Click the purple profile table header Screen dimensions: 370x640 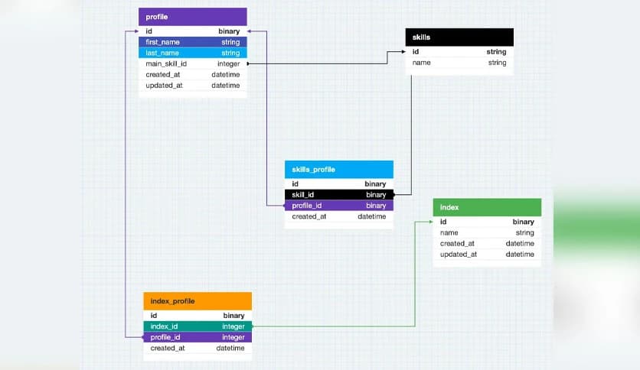[x=192, y=16]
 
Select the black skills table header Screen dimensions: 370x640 [x=459, y=37]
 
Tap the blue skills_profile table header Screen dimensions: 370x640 [x=338, y=169]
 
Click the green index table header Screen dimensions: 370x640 [x=487, y=207]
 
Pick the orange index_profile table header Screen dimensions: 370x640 [x=197, y=301]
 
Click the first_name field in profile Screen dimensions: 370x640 [x=192, y=42]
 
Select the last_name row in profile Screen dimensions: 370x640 [x=192, y=53]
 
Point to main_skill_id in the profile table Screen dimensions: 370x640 [x=192, y=63]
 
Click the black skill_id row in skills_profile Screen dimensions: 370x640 [x=338, y=195]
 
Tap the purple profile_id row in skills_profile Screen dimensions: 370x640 [x=338, y=206]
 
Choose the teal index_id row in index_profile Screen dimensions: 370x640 [x=197, y=326]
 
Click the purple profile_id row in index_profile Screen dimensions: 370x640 [x=197, y=337]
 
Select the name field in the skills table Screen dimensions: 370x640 [x=459, y=63]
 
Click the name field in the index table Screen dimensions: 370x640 [x=487, y=232]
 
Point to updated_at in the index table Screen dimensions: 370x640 [x=487, y=254]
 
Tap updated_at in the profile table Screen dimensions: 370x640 [x=192, y=85]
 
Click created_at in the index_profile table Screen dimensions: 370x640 [x=197, y=348]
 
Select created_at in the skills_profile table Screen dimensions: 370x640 [x=338, y=216]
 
